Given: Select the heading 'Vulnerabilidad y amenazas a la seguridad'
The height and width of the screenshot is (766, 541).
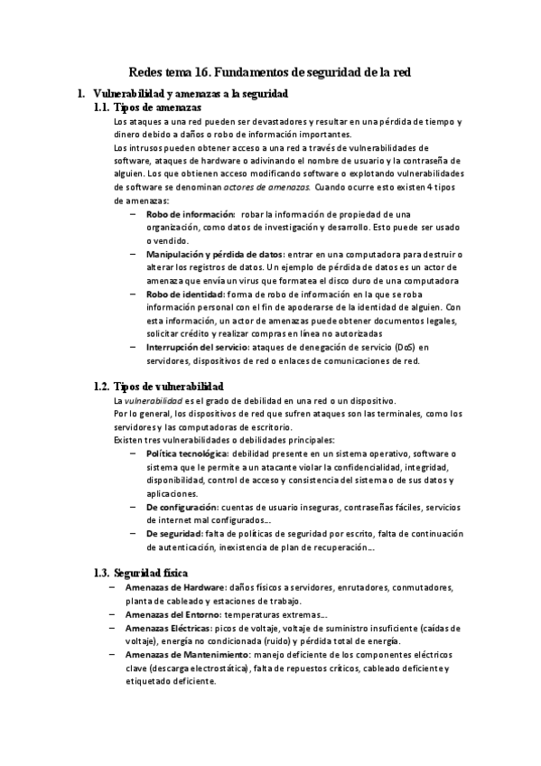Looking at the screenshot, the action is point(191,93).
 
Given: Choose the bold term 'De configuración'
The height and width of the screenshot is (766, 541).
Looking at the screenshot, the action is point(182,508).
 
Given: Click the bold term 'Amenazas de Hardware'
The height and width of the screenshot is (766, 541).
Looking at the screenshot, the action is point(175,587).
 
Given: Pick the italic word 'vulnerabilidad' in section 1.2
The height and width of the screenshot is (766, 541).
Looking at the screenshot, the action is point(154,400).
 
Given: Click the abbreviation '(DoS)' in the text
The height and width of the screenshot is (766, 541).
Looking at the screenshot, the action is point(405,348).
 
